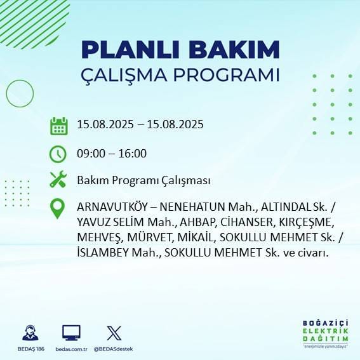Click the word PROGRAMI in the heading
228,75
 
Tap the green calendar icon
58,125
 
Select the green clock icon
58,153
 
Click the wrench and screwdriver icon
58,180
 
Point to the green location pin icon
58,209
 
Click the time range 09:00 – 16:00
111,153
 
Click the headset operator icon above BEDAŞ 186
30,333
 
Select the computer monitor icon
71,333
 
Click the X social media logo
114,333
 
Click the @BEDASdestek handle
115,349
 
